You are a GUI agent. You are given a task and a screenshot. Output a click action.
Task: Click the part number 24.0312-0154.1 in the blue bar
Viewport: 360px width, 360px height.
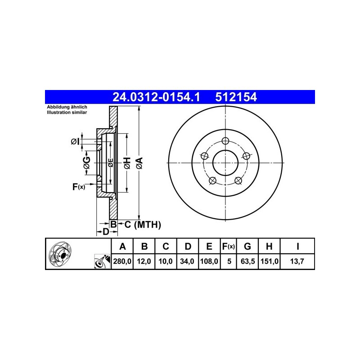tap(156, 97)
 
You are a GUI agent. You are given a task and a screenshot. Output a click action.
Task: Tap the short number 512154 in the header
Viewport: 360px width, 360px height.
tap(236, 97)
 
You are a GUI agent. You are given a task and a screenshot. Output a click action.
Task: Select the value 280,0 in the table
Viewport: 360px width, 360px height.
tap(122, 261)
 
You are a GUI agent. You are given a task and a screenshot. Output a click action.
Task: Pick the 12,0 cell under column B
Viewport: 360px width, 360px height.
tap(144, 261)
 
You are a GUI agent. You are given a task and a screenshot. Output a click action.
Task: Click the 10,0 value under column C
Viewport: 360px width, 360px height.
tap(166, 261)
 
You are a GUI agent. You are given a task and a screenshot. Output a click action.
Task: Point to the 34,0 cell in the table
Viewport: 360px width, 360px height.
tap(187, 261)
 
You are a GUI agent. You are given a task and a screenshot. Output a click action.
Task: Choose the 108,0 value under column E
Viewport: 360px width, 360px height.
tap(209, 261)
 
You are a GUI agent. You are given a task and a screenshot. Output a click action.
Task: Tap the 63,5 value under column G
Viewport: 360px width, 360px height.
tap(247, 261)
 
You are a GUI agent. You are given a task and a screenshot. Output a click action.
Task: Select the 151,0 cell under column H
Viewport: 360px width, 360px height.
tap(270, 261)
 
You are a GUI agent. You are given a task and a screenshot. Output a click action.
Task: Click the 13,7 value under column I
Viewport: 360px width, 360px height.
tap(297, 261)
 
